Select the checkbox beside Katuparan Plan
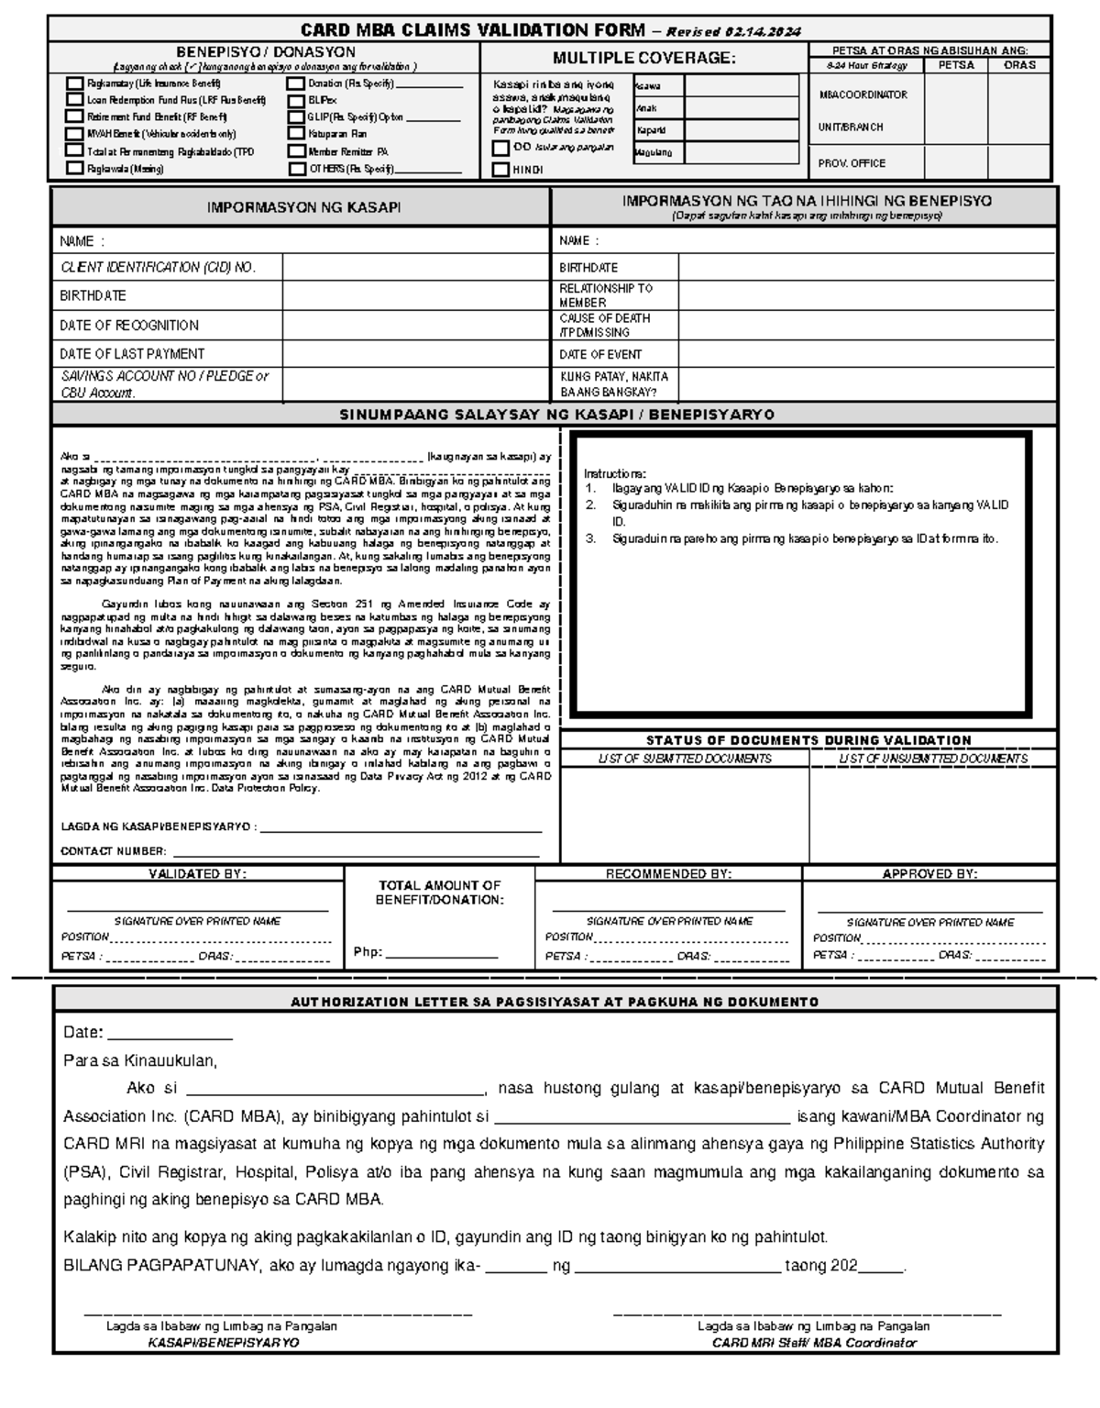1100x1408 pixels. pos(296,134)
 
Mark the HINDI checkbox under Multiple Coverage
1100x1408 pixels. pos(500,170)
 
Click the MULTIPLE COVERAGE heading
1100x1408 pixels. pos(643,59)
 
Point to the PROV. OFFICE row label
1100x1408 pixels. pos(852,163)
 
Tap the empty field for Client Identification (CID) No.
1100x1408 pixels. pos(414,268)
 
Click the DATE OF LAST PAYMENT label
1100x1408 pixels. pos(132,354)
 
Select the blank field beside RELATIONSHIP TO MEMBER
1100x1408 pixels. pos(866,295)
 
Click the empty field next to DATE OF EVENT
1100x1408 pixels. pos(866,354)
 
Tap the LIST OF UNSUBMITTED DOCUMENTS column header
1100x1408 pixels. pos(932,759)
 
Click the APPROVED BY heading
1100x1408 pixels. pos(929,874)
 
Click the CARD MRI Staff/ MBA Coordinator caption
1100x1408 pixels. pos(814,1343)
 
